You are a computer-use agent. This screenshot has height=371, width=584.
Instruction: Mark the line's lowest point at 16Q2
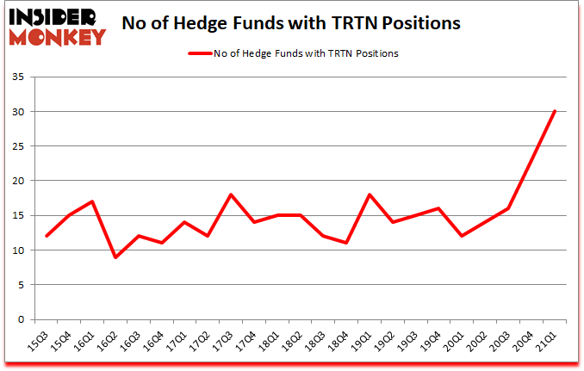click(115, 257)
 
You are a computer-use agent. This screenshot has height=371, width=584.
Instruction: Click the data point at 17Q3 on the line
click(231, 195)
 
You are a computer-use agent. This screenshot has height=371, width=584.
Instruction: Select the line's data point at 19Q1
click(370, 195)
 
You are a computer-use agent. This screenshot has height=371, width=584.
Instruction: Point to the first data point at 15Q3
click(46, 236)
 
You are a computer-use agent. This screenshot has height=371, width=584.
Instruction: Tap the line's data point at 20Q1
click(462, 236)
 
